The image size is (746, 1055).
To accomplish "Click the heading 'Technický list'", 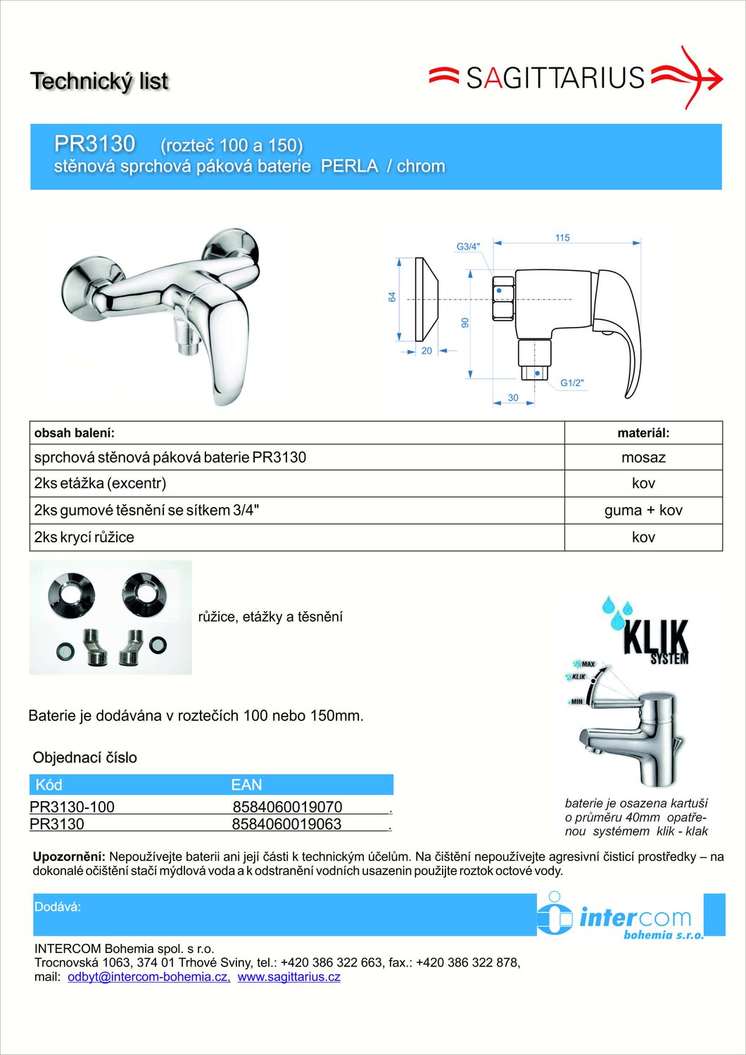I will (x=99, y=82).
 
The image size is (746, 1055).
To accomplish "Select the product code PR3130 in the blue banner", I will (x=94, y=143).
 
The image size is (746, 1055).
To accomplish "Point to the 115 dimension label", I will (x=562, y=238).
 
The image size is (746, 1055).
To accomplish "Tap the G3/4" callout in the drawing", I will (x=468, y=247).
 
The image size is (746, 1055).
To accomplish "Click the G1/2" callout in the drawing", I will (x=571, y=383).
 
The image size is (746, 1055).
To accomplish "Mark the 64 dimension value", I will (x=392, y=298).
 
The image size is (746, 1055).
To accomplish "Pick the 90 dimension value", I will (x=464, y=323).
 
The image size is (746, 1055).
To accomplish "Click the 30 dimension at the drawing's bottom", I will (x=513, y=398).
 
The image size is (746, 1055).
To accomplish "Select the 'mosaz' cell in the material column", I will (x=643, y=458).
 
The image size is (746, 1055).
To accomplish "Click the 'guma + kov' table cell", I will (x=643, y=511).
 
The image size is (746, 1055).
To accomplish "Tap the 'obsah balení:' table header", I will (x=75, y=433).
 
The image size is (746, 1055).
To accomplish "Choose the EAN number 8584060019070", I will (x=287, y=807).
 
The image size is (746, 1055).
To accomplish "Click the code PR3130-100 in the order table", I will (x=72, y=807).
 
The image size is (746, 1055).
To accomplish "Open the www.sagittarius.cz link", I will (x=289, y=977).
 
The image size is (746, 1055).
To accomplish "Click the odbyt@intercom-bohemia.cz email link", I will (x=148, y=977).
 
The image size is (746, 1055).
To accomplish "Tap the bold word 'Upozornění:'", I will (x=69, y=857).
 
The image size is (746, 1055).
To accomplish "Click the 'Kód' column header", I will (x=49, y=785).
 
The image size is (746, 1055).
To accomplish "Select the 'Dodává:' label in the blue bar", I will (x=58, y=907).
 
